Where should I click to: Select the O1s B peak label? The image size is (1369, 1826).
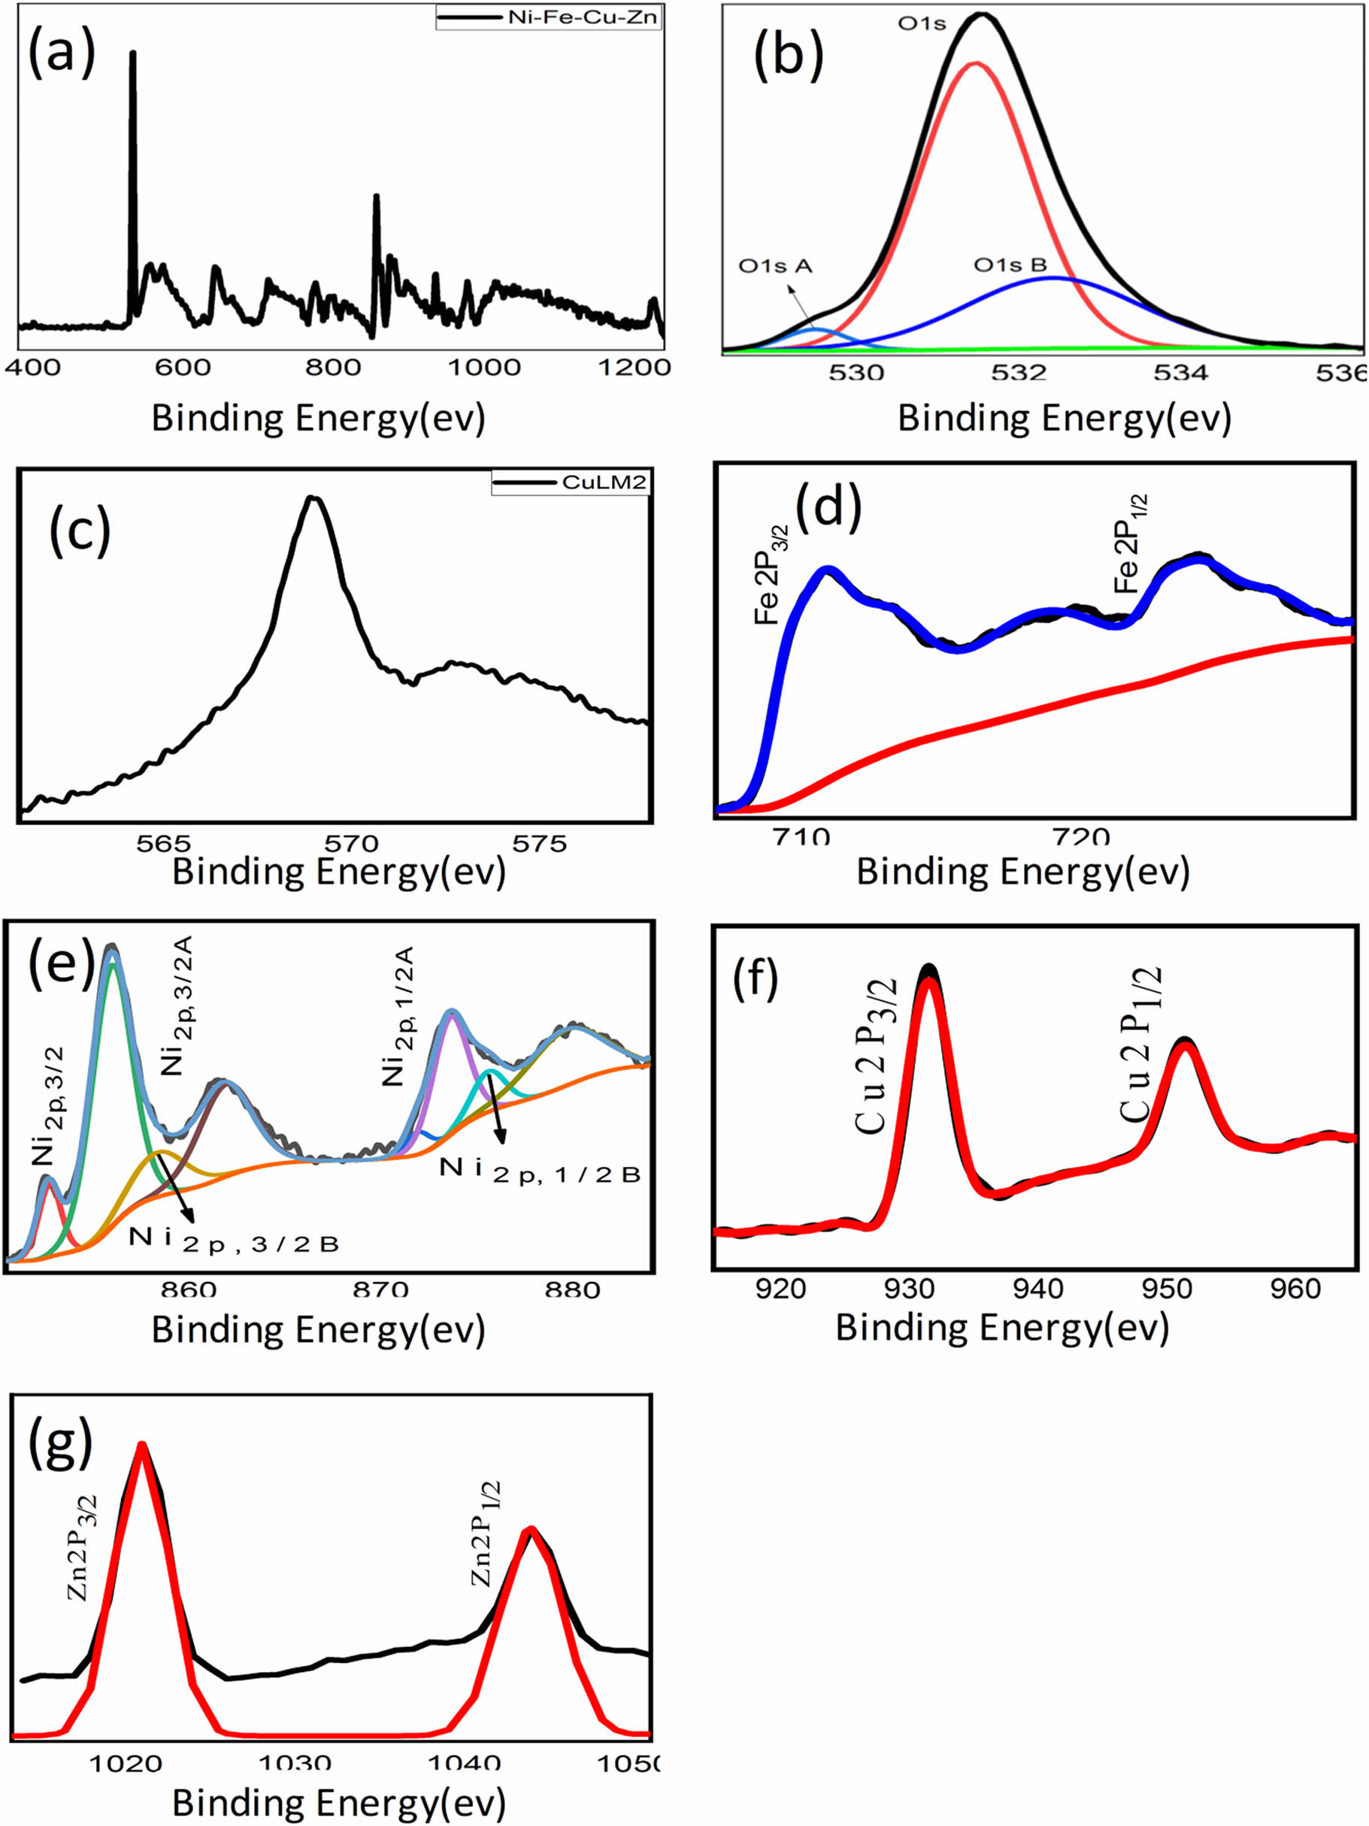pyautogui.click(x=1010, y=265)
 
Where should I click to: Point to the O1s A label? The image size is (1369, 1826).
pyautogui.click(x=775, y=266)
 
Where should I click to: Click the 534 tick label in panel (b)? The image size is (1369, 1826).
pyautogui.click(x=1181, y=373)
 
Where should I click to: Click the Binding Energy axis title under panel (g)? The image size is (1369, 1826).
pyautogui.click(x=338, y=1803)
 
